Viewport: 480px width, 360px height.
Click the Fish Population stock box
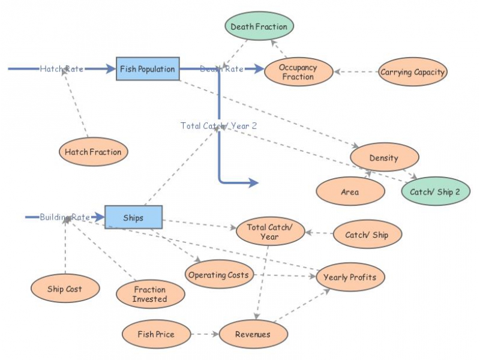[x=148, y=69]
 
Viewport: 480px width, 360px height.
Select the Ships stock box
[x=133, y=217]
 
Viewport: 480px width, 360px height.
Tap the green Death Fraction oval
[x=259, y=26]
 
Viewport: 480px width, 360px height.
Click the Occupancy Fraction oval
[x=298, y=72]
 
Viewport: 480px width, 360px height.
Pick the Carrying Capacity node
[x=412, y=72]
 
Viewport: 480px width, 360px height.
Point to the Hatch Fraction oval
[x=94, y=152]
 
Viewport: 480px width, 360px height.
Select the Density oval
[x=384, y=157]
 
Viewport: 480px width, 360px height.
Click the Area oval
[x=350, y=191]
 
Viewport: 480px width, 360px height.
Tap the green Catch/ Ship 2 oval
[x=436, y=191]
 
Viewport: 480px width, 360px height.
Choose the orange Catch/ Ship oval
[x=367, y=234]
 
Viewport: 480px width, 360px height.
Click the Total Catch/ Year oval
[x=271, y=232]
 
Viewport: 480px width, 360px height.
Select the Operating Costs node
[x=219, y=274]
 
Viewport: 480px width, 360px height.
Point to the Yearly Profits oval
[x=350, y=277]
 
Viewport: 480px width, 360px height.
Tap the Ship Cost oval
[x=65, y=289]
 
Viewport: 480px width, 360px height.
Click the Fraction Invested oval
[x=151, y=294]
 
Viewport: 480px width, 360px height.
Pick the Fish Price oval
[x=156, y=334]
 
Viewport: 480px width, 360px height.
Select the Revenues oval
[x=253, y=334]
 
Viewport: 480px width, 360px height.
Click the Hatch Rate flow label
[x=62, y=69]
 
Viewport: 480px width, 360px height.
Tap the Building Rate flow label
[x=65, y=217]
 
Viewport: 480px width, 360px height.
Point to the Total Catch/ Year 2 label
[x=218, y=126]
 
